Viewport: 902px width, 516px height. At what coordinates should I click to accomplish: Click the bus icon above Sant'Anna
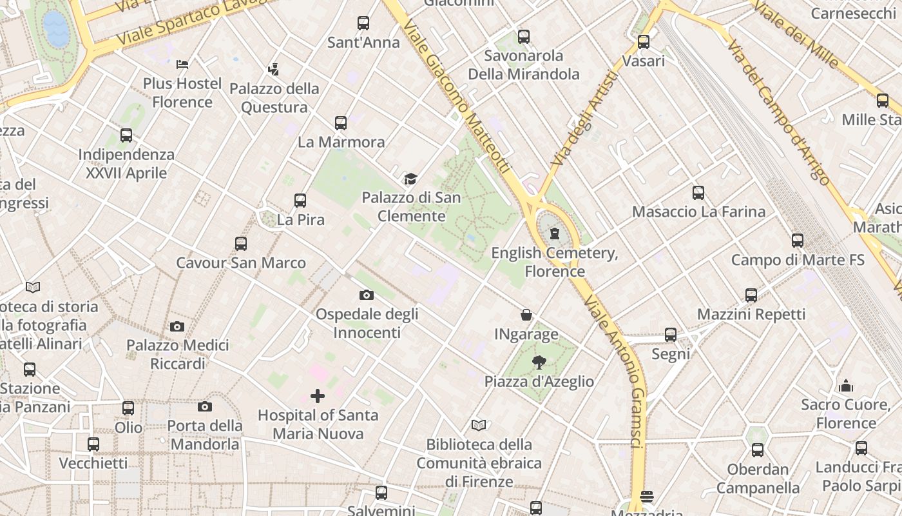point(363,23)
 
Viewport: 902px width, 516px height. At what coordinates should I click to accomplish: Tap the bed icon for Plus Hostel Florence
point(182,64)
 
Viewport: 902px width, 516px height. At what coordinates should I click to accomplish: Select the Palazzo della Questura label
point(274,98)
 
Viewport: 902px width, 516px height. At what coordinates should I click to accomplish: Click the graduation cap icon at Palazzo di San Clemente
point(410,179)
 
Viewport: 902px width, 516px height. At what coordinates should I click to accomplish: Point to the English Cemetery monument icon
point(554,233)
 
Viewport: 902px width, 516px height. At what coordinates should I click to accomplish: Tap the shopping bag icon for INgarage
point(526,315)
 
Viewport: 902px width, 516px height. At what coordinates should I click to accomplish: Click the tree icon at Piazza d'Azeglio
point(539,362)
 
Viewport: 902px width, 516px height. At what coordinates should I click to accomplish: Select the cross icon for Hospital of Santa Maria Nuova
point(318,395)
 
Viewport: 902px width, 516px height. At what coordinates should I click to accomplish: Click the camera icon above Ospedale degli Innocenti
point(366,295)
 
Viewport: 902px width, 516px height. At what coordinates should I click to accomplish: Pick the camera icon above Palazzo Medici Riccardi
point(177,326)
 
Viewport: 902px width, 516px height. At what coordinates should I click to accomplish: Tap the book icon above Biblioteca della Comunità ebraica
point(478,425)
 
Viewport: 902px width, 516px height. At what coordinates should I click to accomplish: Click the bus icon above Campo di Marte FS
point(798,241)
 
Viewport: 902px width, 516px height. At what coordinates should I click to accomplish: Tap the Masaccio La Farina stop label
point(698,212)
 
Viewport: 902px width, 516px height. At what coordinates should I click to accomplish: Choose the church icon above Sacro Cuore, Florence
point(846,386)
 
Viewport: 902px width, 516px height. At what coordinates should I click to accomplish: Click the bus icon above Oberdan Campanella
point(758,450)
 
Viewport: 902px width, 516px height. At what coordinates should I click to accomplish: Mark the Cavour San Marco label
point(241,263)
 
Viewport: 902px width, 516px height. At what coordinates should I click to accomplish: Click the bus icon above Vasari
point(644,42)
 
